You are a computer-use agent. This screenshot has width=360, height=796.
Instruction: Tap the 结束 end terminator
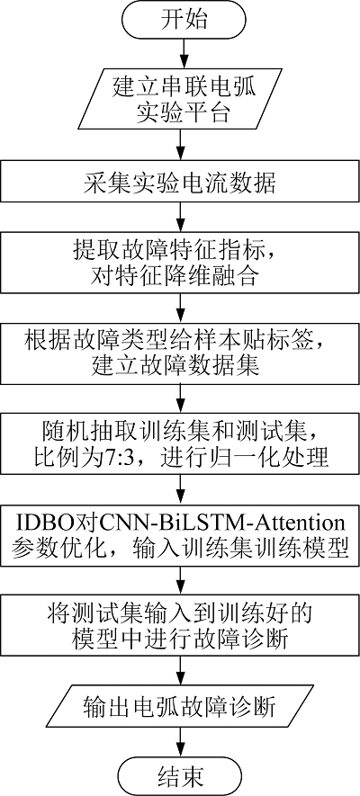point(182,776)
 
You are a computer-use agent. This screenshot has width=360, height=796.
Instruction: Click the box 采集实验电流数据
point(180,183)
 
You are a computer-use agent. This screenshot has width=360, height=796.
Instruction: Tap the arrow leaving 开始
point(182,55)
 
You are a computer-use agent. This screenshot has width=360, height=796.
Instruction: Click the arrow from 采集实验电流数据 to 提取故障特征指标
point(182,218)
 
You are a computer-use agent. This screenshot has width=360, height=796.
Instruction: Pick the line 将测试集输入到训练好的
point(180,614)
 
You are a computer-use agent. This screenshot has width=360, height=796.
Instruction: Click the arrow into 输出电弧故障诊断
point(182,671)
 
